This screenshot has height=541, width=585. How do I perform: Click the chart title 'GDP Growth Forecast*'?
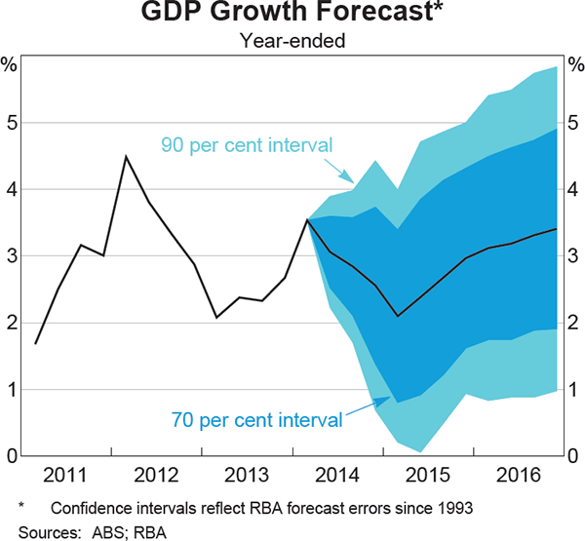coord(292,15)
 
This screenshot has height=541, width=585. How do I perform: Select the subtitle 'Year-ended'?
coord(292,41)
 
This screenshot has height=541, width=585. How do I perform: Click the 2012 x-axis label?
coord(155,476)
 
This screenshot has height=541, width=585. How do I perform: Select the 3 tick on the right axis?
coord(575,256)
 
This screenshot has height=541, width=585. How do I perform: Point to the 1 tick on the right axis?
coord(575,389)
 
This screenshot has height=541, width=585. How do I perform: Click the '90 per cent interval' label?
coord(247,146)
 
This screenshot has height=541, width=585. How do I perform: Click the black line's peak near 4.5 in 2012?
coord(126,156)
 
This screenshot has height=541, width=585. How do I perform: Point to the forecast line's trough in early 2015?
coord(397,316)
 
